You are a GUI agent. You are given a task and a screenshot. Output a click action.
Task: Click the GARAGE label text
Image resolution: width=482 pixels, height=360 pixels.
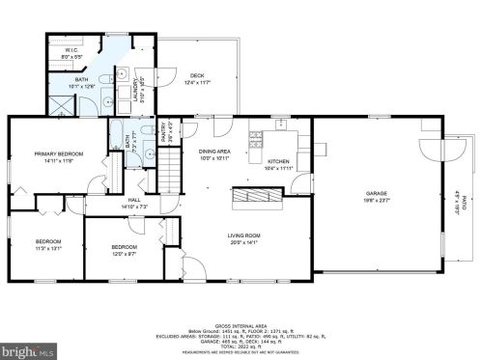coord(376,193)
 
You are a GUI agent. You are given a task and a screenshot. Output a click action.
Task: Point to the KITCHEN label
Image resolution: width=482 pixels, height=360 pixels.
coord(279,161)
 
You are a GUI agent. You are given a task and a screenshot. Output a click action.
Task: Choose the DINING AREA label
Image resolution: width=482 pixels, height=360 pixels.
coord(213,152)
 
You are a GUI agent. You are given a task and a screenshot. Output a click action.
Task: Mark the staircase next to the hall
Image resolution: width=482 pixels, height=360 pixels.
coord(171,176)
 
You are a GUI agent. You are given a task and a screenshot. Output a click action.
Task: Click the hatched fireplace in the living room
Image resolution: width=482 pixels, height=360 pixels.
coord(257,195)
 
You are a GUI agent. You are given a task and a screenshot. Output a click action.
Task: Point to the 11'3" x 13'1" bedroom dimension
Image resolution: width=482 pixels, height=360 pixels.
coord(47,247)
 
